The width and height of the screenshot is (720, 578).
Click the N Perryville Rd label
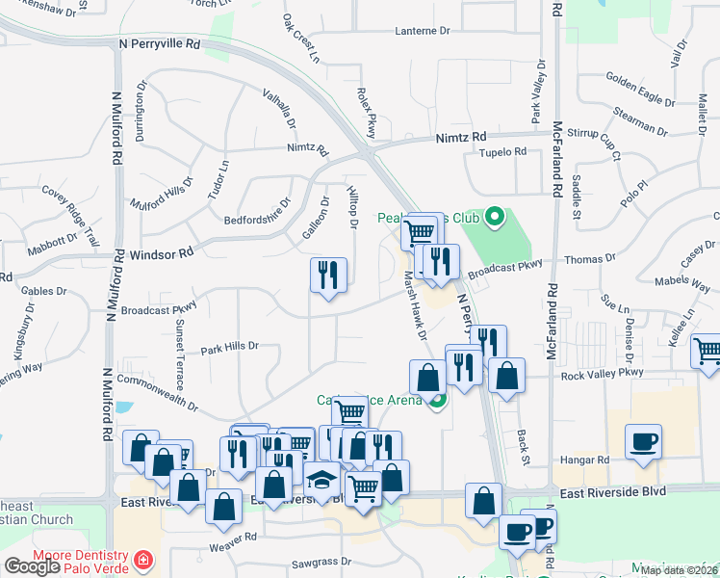(x=160, y=44)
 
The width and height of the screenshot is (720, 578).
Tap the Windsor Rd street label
(x=161, y=252)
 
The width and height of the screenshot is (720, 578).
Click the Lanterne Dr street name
(x=423, y=31)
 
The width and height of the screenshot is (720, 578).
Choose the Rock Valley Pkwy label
(x=605, y=374)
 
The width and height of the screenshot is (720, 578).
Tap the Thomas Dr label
(x=589, y=259)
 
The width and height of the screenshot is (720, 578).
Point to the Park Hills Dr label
(x=230, y=346)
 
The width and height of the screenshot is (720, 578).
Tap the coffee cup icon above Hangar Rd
(x=644, y=442)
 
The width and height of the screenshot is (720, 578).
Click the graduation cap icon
(x=321, y=479)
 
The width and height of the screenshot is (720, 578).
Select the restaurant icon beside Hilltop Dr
(x=328, y=276)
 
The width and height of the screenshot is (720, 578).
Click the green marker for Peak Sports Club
(x=496, y=216)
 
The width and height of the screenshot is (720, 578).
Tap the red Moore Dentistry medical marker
(x=143, y=559)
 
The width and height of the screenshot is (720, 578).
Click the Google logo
(x=32, y=566)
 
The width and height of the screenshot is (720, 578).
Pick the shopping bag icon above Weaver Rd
(x=223, y=506)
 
